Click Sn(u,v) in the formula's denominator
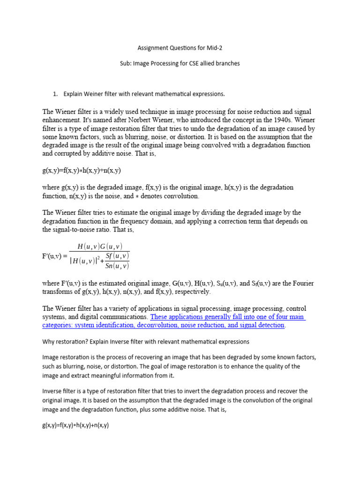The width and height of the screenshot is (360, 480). (117, 266)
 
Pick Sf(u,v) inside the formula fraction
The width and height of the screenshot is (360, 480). (117, 255)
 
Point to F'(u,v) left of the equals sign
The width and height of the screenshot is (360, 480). (52, 256)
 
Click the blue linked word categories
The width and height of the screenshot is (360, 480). (58, 325)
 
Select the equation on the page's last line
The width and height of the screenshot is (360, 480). (75, 426)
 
